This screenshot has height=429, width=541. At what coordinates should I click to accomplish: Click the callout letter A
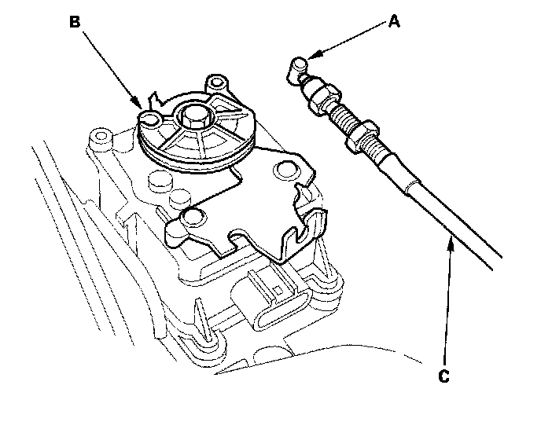tap(394, 23)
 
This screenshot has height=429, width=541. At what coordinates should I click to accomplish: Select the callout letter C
tap(443, 377)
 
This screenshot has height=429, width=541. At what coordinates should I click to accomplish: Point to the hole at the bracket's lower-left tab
tap(190, 217)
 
